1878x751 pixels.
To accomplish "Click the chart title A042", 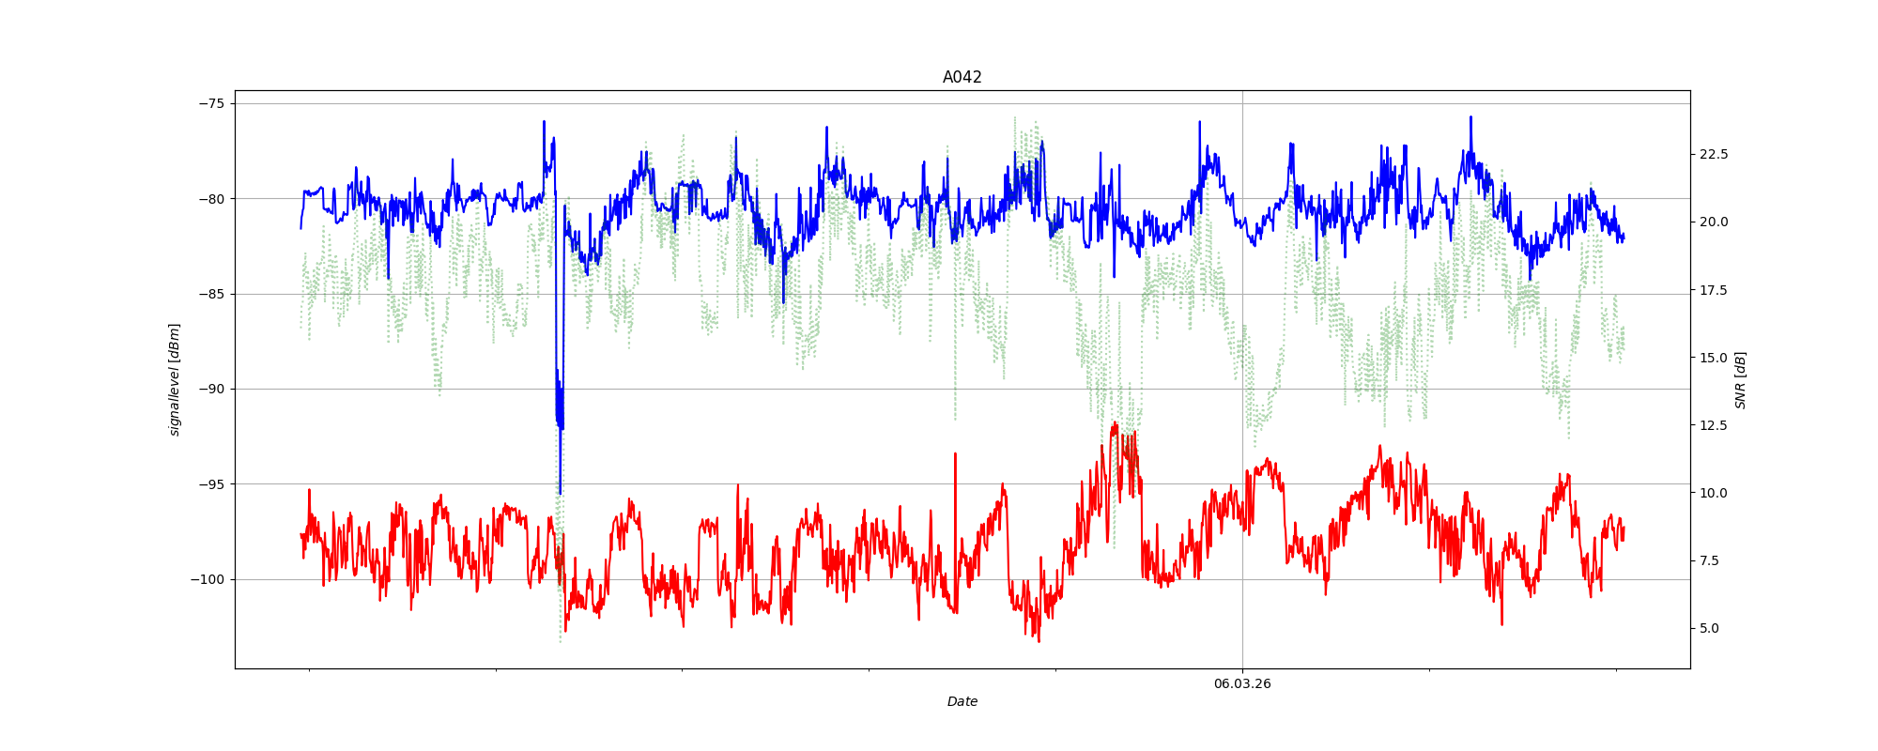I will point(962,78).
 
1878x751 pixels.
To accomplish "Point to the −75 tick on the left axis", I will point(212,103).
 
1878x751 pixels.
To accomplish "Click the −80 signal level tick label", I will point(212,199).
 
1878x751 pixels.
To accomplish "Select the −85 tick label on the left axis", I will point(212,294).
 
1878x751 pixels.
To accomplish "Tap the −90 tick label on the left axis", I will point(212,389).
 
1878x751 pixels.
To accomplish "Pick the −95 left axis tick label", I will point(212,484).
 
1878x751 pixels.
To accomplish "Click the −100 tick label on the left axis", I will point(208,579).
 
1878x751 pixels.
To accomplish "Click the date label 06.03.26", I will point(1241,683).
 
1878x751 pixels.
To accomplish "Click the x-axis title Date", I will point(962,701).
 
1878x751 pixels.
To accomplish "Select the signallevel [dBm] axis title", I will point(175,379).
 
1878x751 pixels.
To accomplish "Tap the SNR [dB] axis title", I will point(1740,379).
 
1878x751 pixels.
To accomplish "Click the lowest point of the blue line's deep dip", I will point(560,494).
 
